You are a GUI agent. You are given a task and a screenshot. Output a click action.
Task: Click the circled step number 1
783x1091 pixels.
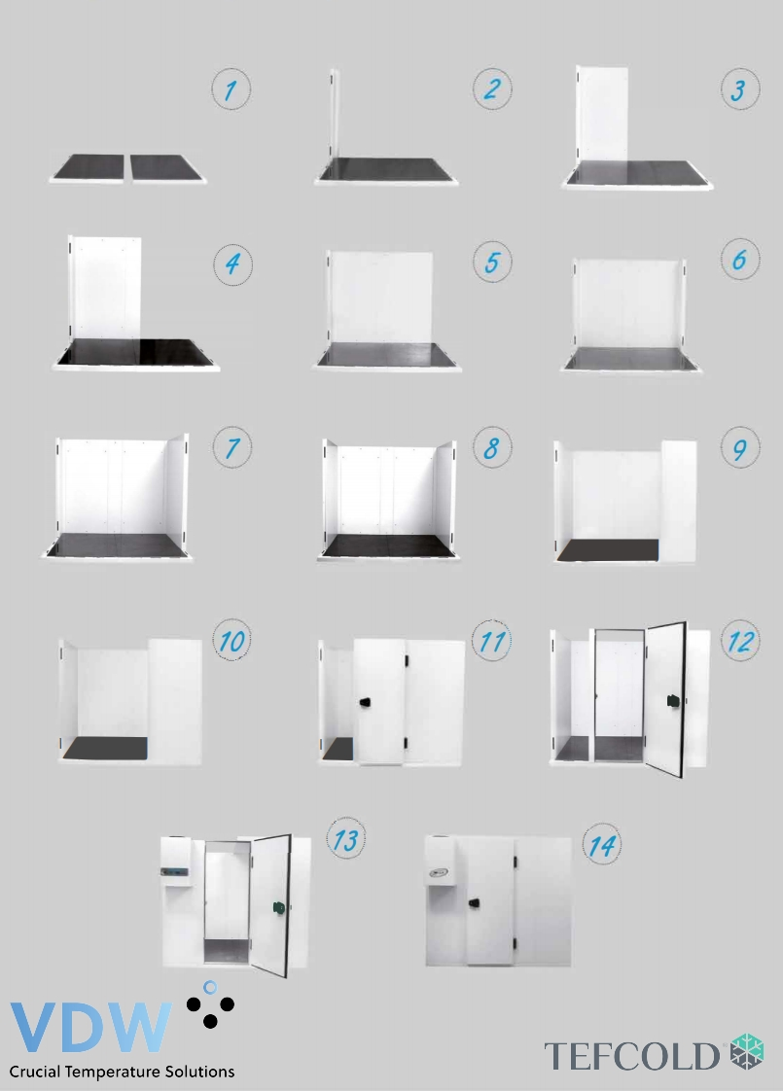tap(231, 89)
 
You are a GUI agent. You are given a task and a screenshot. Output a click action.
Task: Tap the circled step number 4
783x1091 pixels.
tap(232, 264)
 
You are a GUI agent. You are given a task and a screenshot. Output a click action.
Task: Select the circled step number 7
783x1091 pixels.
tap(232, 447)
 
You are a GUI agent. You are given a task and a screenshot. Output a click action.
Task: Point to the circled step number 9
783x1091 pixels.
tap(740, 447)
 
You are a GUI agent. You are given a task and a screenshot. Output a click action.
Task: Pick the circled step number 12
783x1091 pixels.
tap(740, 641)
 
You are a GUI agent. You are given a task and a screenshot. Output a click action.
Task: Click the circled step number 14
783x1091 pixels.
tap(602, 845)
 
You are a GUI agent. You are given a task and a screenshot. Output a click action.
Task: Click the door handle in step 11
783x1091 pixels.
tap(365, 702)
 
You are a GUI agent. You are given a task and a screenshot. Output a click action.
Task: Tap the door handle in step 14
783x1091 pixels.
tap(474, 902)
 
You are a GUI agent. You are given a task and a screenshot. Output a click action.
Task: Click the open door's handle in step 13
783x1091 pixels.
tap(279, 906)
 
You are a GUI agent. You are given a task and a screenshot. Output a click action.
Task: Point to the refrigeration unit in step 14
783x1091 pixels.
tap(440, 861)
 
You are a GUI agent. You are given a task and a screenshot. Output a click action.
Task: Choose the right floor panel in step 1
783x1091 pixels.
tap(167, 168)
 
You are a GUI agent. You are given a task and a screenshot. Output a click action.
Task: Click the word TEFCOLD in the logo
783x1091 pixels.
tap(631, 1056)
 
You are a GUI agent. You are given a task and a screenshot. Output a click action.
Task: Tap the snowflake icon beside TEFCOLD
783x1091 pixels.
tap(747, 1051)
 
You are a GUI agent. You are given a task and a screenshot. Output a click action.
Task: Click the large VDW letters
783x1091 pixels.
tap(90, 1027)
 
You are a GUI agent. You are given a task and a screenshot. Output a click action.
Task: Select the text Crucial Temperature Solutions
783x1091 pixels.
tap(122, 1072)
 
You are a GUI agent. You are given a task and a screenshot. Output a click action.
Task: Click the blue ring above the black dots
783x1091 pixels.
tap(210, 987)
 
